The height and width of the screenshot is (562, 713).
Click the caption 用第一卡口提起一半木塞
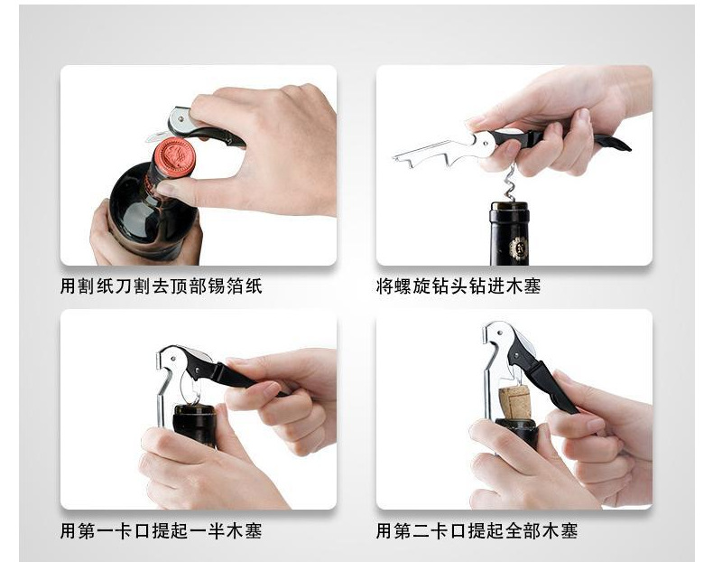click(162, 529)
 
